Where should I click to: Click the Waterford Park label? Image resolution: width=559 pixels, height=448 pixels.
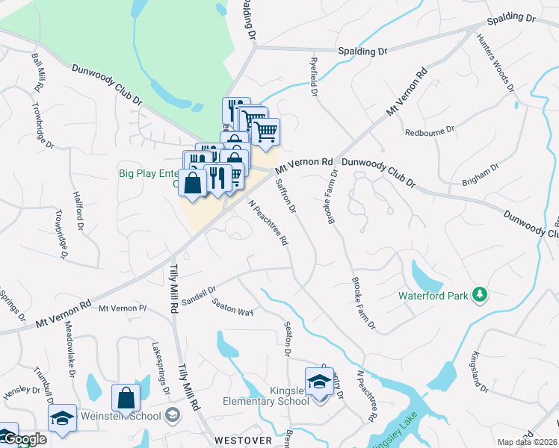click(432, 296)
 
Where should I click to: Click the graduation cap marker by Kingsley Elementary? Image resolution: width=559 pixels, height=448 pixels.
click(319, 380)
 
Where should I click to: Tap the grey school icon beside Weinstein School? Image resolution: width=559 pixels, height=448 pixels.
click(173, 415)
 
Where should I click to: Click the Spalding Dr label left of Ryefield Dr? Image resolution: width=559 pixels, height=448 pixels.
click(362, 52)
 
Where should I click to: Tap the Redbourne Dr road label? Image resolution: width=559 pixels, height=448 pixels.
click(429, 131)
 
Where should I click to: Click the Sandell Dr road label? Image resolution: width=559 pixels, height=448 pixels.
click(199, 294)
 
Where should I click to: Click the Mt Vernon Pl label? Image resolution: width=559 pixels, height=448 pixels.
click(123, 308)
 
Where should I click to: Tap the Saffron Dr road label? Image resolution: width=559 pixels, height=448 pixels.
click(286, 196)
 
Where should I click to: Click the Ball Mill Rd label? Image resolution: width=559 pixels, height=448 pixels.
click(36, 72)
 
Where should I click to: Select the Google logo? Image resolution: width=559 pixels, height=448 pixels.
click(24, 439)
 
